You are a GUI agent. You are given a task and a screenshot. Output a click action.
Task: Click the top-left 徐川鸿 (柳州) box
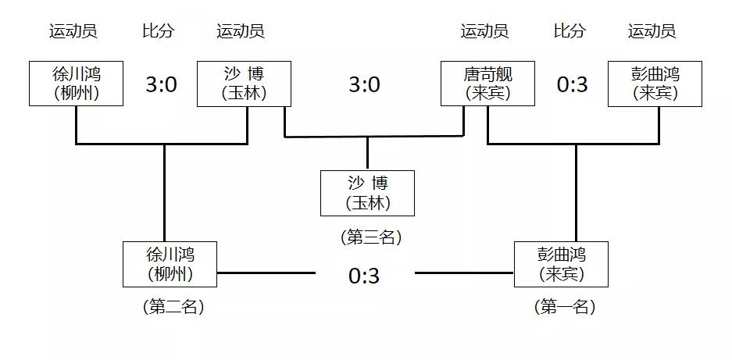tap(76, 84)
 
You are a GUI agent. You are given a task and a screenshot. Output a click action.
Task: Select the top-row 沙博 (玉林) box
tap(244, 84)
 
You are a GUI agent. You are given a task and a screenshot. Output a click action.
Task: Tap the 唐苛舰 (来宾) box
tap(487, 84)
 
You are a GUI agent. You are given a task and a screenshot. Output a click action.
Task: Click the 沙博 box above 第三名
tap(367, 193)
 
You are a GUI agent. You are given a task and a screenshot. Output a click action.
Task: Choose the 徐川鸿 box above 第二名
tap(170, 264)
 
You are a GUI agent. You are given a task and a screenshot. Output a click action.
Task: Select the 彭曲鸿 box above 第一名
tap(561, 264)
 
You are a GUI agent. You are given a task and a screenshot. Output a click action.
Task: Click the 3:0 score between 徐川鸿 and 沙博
tap(161, 84)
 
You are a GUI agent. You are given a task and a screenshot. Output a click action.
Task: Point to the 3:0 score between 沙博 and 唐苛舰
tap(364, 84)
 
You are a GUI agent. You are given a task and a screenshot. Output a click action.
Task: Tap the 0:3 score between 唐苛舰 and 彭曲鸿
tap(572, 84)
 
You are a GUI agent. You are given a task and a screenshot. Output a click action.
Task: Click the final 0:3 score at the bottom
tap(364, 276)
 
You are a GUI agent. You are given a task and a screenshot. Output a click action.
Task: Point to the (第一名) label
tap(565, 307)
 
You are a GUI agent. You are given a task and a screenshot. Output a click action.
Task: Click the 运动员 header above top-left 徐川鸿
tap(73, 31)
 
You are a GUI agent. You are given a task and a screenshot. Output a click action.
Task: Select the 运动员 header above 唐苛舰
tap(484, 31)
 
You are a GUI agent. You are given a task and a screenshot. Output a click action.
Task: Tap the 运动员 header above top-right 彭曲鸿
tap(652, 31)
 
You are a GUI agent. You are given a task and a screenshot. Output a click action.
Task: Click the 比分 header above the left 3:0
tap(159, 31)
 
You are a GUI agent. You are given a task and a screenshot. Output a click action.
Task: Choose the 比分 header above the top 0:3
tap(570, 31)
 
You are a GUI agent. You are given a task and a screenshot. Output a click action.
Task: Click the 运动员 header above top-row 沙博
tap(241, 31)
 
